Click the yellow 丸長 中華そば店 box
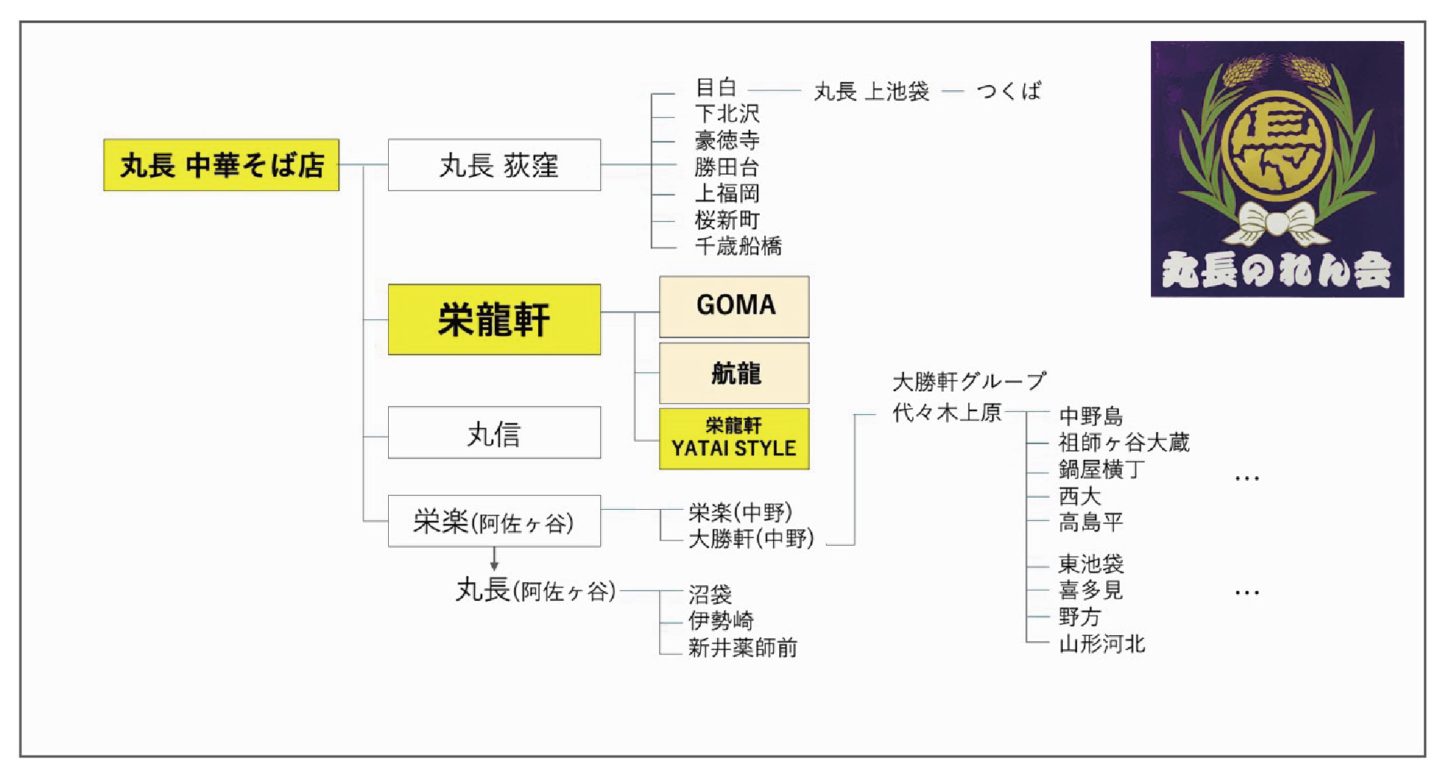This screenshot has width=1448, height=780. (221, 165)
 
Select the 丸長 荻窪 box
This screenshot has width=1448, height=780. (494, 165)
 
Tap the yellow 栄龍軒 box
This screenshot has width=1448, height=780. (494, 319)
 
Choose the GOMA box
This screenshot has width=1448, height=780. (734, 306)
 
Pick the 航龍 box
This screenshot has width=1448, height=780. (734, 373)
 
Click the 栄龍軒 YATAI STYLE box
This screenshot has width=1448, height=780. (734, 438)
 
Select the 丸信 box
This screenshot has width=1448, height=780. (494, 433)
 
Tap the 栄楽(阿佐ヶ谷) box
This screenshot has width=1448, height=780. (494, 522)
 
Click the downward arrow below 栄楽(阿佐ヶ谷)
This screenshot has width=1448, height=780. (494, 560)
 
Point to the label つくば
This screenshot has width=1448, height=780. (1008, 91)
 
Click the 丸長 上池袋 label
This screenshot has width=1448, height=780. (871, 92)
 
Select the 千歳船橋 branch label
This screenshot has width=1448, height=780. (738, 246)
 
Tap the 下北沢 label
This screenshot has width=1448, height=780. (727, 113)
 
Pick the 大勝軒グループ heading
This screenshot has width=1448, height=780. (969, 382)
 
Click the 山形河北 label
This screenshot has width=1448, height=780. (1102, 643)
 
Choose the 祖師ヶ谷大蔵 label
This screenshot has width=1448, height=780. (1123, 443)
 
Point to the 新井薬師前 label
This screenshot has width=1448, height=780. (743, 647)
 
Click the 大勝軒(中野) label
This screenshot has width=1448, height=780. (751, 538)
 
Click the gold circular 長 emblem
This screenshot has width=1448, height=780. (1277, 146)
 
